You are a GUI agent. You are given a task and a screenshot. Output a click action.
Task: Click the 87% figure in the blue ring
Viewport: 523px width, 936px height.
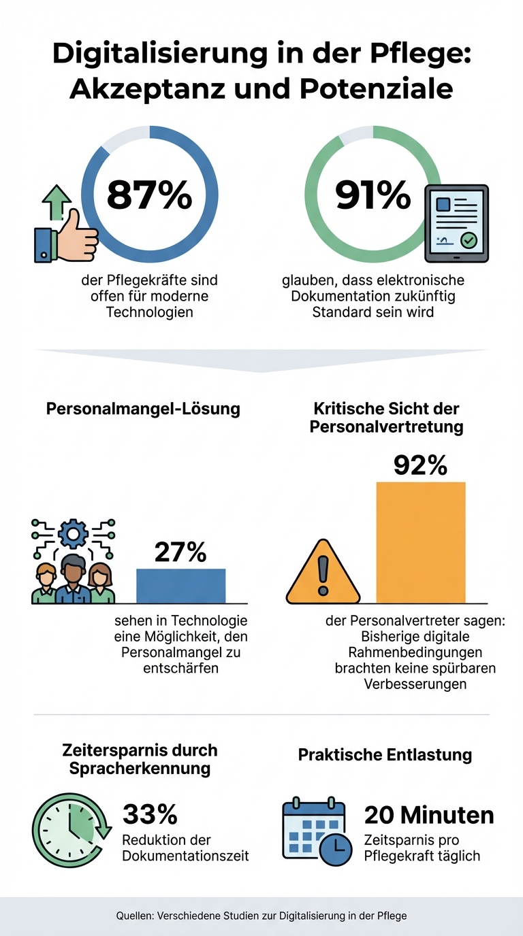(x=149, y=195)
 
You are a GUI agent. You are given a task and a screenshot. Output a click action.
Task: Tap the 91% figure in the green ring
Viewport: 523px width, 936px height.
(x=373, y=195)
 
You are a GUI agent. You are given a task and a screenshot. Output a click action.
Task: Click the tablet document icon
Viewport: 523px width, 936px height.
(x=456, y=224)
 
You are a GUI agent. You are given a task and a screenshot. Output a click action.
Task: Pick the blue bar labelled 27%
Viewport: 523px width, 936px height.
(x=180, y=586)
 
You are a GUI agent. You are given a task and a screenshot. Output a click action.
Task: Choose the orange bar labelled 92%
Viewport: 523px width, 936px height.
(x=421, y=542)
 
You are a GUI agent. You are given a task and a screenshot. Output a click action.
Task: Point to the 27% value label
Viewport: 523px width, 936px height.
(x=180, y=552)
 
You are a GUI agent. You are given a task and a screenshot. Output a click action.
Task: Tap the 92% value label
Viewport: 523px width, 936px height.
(x=420, y=465)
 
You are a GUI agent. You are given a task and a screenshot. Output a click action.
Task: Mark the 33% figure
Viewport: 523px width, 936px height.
(x=150, y=814)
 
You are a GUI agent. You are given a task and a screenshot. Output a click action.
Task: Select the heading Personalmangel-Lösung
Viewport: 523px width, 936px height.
(x=143, y=409)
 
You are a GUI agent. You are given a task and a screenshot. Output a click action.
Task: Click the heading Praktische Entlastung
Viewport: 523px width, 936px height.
(x=385, y=754)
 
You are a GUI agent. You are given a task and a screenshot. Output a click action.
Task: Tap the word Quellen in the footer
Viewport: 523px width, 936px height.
(x=134, y=916)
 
